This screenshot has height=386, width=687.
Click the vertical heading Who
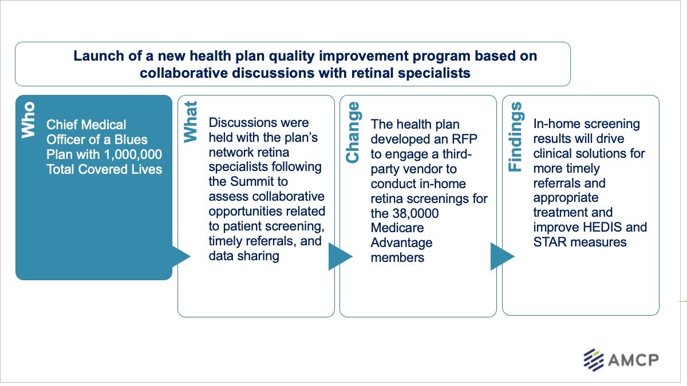pyautogui.click(x=28, y=120)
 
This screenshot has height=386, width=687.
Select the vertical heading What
pyautogui.click(x=190, y=121)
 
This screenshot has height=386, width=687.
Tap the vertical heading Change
pyautogui.click(x=353, y=132)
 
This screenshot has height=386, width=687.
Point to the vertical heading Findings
pyautogui.click(x=515, y=137)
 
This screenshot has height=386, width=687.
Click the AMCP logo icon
pyautogui.click(x=594, y=360)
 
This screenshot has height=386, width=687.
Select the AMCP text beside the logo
pyautogui.click(x=634, y=360)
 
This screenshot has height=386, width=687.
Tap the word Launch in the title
pyautogui.click(x=94, y=57)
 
